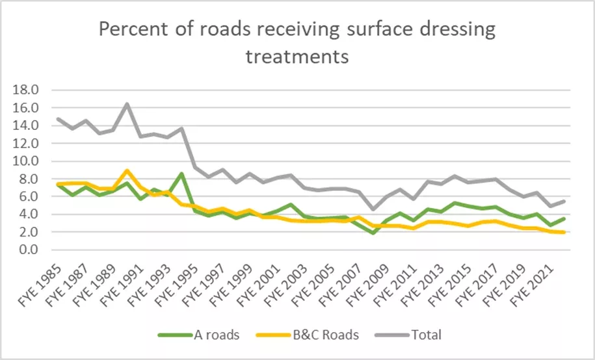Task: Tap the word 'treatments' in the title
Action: [297, 57]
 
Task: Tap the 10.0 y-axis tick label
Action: [27, 161]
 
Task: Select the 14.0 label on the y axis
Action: [27, 125]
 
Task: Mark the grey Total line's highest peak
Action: [127, 103]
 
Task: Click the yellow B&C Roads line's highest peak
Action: [127, 171]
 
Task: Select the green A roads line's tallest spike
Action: [182, 174]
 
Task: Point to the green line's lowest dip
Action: [373, 233]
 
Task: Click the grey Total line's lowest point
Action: [373, 209]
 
